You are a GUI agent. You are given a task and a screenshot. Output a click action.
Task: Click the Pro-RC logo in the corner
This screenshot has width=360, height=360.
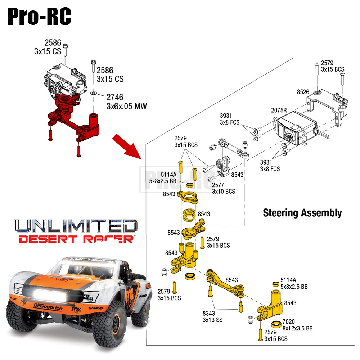pos(39,16)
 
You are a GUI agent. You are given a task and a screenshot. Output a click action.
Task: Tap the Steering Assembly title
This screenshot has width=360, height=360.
pos(302,213)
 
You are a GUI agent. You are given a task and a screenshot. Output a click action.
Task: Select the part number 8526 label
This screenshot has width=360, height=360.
pos(303,92)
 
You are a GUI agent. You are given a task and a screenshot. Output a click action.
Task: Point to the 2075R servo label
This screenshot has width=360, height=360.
pos(279,111)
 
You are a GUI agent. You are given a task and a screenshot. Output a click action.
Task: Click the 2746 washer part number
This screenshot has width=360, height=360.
pos(115,97)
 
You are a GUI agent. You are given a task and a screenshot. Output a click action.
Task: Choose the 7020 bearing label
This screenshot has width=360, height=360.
pos(288,321)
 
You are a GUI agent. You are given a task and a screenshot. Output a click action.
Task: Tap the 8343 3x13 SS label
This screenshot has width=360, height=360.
pos(213,316)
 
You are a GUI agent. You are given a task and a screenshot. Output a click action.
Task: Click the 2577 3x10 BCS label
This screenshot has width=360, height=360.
pos(224,188)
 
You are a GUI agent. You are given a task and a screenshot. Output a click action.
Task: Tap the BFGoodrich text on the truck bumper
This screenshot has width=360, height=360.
pos(48,307)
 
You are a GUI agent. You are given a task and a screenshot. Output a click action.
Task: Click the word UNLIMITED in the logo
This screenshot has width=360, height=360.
pos(76,226)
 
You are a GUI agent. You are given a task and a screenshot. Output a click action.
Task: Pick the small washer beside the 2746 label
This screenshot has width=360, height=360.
pos(94,93)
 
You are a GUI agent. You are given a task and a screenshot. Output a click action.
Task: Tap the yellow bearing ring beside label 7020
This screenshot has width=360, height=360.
pos(276,324)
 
